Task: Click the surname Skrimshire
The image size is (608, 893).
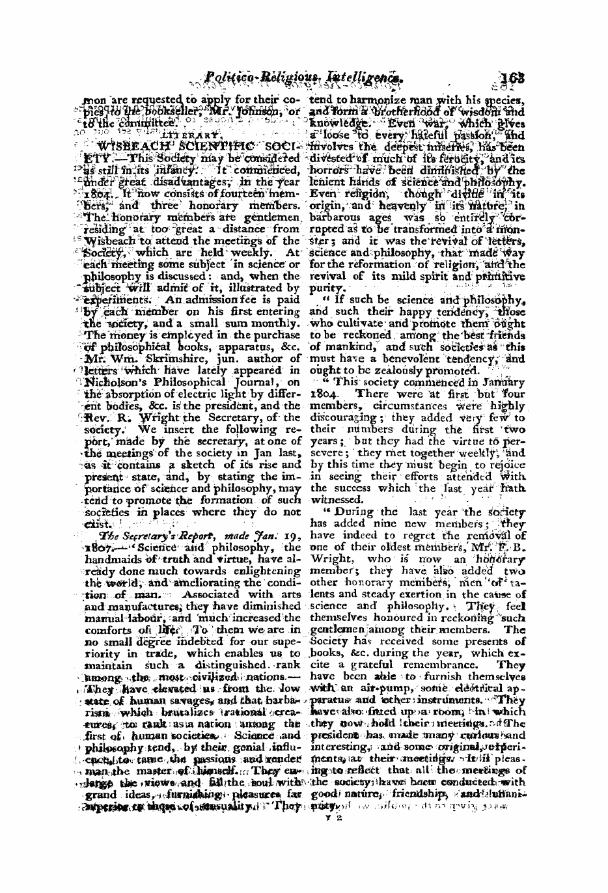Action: tap(166, 358)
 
